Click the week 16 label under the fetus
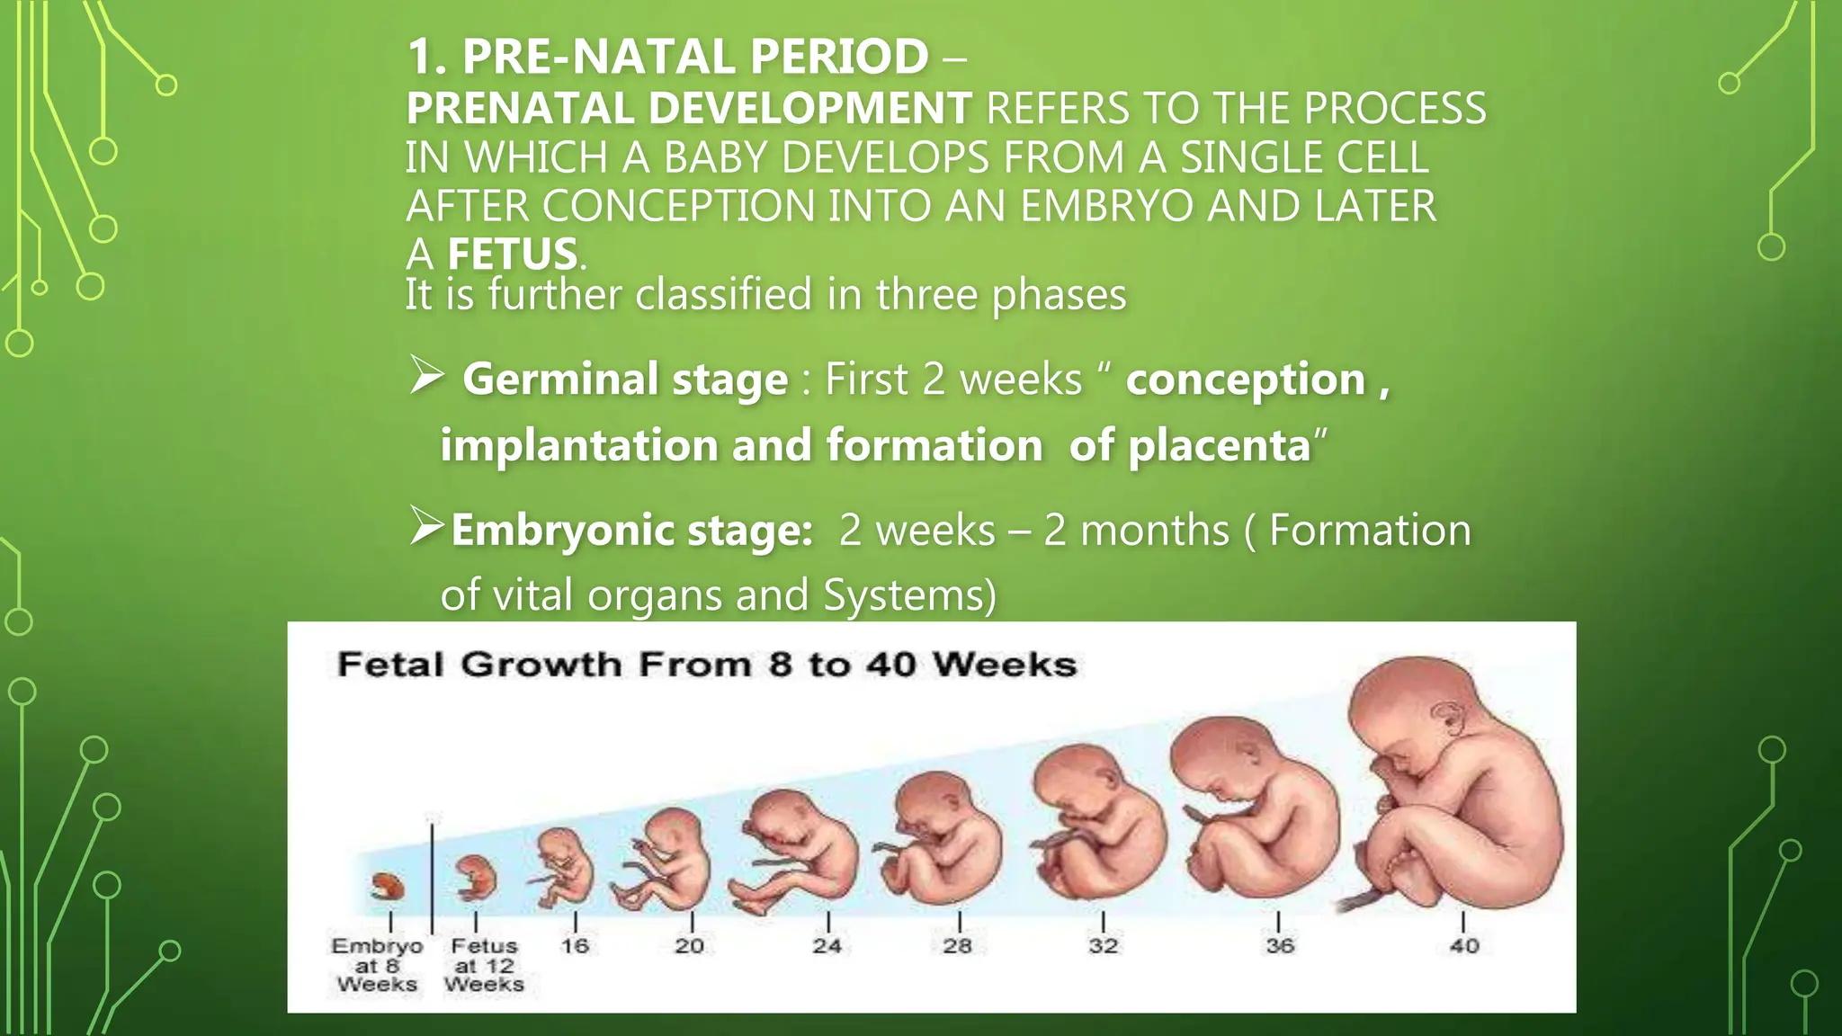(x=575, y=946)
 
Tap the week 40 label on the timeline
(x=1464, y=946)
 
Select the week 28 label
(x=958, y=946)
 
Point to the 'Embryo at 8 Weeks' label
(x=377, y=965)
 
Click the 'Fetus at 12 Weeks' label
(x=484, y=965)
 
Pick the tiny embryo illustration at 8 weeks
(x=388, y=887)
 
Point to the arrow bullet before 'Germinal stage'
(x=426, y=375)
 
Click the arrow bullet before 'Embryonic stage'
(x=426, y=526)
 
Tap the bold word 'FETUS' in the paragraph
(x=513, y=255)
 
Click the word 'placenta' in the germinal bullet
(x=1220, y=445)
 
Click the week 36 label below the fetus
(x=1280, y=946)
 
